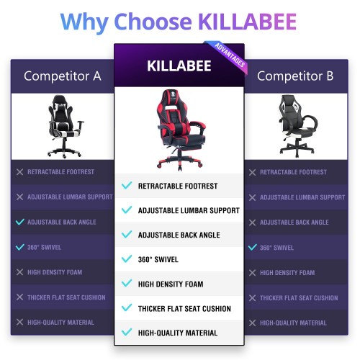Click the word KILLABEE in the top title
click(248, 22)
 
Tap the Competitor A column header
click(63, 76)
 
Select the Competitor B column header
click(295, 76)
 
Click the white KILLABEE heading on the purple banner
click(179, 66)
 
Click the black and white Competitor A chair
click(65, 126)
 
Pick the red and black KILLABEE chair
click(181, 130)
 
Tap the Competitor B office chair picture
click(297, 125)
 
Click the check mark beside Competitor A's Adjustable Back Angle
click(19, 222)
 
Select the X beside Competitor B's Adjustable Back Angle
click(252, 222)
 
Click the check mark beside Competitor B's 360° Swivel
click(253, 247)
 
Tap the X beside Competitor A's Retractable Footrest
click(19, 172)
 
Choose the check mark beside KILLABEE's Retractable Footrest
click(127, 185)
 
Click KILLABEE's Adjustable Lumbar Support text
click(189, 210)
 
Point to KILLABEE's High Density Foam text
click(171, 284)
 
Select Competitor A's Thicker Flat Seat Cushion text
click(66, 297)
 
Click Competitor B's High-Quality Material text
click(293, 323)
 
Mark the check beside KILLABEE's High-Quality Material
click(127, 332)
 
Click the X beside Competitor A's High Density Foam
click(19, 272)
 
